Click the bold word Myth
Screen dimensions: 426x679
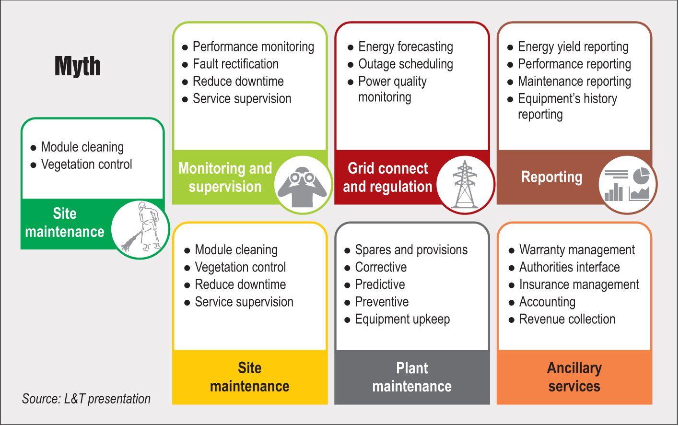(78, 66)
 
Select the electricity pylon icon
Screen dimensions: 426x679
(465, 185)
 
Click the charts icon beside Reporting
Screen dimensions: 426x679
(627, 185)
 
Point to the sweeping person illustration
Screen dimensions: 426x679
(140, 229)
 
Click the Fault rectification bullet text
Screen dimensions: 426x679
(235, 64)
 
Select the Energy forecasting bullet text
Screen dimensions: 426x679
(405, 47)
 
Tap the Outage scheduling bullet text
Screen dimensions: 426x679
(405, 64)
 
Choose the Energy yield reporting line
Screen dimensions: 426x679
(573, 47)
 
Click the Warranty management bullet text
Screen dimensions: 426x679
(577, 250)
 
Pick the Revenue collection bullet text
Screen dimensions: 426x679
(567, 319)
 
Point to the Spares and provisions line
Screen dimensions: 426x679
(411, 250)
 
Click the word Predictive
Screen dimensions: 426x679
(380, 284)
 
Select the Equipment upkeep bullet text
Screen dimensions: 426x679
(402, 319)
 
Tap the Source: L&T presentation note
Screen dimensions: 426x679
(86, 399)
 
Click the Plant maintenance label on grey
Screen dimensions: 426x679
(412, 377)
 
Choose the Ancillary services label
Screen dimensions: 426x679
(574, 377)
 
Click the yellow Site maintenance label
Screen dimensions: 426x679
(249, 377)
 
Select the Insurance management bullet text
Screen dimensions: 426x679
(579, 284)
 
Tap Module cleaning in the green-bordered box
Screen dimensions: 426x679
(82, 147)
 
